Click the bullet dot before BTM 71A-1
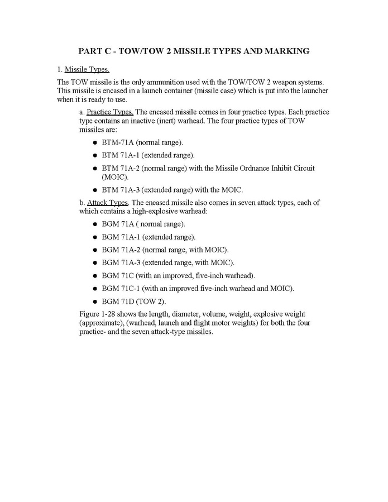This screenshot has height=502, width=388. point(95,155)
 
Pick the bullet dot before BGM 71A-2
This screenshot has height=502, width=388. point(95,250)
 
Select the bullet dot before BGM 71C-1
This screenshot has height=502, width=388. point(95,288)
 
